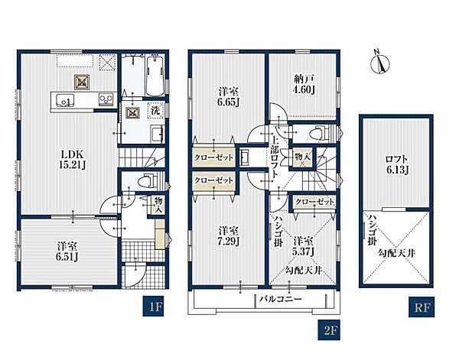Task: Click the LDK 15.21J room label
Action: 73,160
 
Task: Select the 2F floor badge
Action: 329,330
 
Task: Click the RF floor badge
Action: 422,307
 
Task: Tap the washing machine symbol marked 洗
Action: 155,111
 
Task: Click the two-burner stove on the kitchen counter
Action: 105,99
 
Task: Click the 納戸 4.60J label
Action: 304,84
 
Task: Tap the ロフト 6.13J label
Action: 397,165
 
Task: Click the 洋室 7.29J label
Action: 229,235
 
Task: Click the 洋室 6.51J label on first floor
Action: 67,251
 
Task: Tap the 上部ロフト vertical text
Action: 275,158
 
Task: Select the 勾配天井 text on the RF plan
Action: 397,253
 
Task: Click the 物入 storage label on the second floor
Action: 302,157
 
